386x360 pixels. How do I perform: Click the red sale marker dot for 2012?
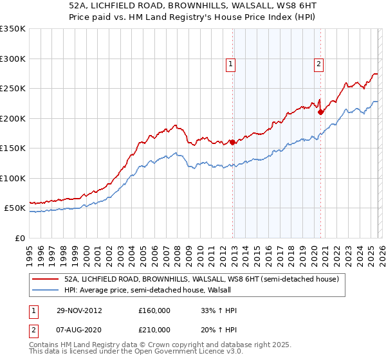(232, 142)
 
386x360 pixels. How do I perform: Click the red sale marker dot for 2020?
(320, 112)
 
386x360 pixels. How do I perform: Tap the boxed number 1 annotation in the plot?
(230, 63)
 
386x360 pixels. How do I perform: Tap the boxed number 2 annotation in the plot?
(318, 63)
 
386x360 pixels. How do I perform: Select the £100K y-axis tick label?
(13, 178)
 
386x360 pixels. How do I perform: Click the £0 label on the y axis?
(19, 238)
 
